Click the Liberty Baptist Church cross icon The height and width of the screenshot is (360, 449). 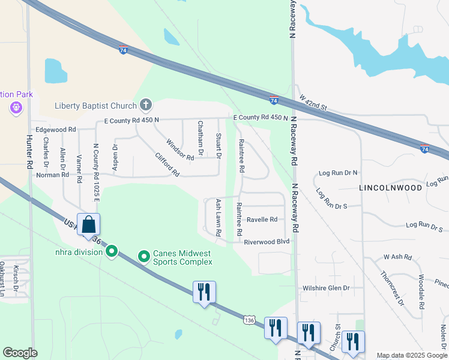(x=145, y=106)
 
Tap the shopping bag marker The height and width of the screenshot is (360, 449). (x=88, y=224)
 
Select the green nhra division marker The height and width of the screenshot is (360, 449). (x=112, y=252)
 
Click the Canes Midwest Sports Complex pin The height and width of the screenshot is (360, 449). (x=144, y=257)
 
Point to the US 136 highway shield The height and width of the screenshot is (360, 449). (x=249, y=320)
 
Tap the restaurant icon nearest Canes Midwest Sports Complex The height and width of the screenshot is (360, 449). (x=203, y=292)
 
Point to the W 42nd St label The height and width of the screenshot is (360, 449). (x=313, y=102)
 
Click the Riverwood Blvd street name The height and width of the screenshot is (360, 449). (x=267, y=242)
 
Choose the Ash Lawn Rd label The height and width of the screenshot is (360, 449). (x=218, y=217)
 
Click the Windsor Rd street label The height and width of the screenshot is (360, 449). (x=180, y=149)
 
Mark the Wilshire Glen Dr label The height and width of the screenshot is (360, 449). (x=326, y=288)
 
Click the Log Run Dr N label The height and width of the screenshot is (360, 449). (x=338, y=172)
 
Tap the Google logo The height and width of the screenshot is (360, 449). (x=20, y=353)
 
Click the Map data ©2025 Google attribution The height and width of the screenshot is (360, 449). (x=411, y=355)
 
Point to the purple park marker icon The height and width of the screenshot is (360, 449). (x=16, y=108)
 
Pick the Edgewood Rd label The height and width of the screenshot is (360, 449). (x=56, y=129)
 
